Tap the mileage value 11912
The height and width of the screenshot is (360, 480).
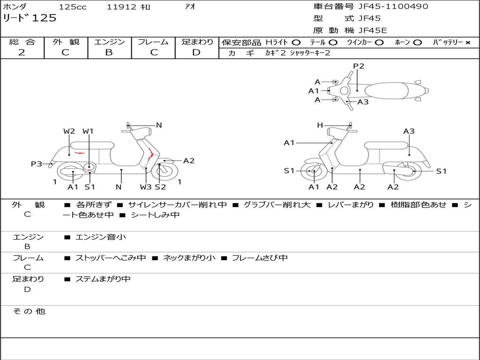(121, 7)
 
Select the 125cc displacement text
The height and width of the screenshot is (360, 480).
(69, 7)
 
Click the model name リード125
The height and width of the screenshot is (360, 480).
(30, 18)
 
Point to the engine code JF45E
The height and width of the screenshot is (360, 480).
(373, 31)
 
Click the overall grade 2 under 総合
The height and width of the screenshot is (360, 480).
(22, 52)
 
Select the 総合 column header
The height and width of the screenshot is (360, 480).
(22, 42)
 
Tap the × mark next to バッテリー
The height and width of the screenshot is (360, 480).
(467, 43)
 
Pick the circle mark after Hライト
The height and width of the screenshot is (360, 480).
(296, 43)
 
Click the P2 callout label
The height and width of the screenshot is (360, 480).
(359, 66)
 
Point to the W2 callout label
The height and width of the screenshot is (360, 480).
(69, 131)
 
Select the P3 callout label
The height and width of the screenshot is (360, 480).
(36, 164)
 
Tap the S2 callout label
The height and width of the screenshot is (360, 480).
(160, 187)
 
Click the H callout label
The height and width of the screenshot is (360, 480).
(320, 125)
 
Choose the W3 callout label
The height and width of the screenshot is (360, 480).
(146, 187)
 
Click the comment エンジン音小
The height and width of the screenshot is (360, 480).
(101, 237)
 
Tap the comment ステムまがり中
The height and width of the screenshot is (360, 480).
(103, 279)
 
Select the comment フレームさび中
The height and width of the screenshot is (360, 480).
(260, 258)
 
